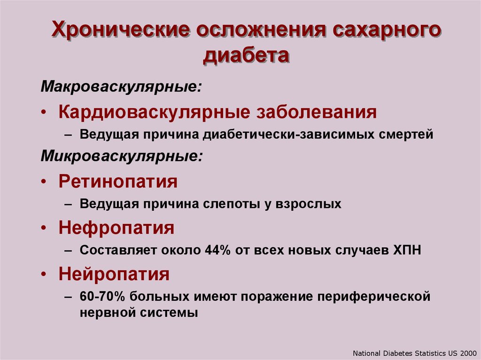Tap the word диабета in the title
click(x=246, y=56)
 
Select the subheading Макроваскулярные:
click(x=122, y=87)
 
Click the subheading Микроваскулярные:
click(x=122, y=156)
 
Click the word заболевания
click(x=317, y=112)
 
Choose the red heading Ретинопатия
click(x=118, y=181)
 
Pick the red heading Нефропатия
click(x=116, y=228)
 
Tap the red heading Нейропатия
click(x=114, y=274)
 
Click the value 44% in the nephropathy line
click(x=217, y=250)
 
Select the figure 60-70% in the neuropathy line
click(x=102, y=296)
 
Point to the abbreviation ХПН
click(x=407, y=250)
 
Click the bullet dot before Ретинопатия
click(x=44, y=182)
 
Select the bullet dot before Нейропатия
click(x=44, y=275)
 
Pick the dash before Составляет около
click(x=68, y=251)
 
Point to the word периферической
click(x=373, y=297)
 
